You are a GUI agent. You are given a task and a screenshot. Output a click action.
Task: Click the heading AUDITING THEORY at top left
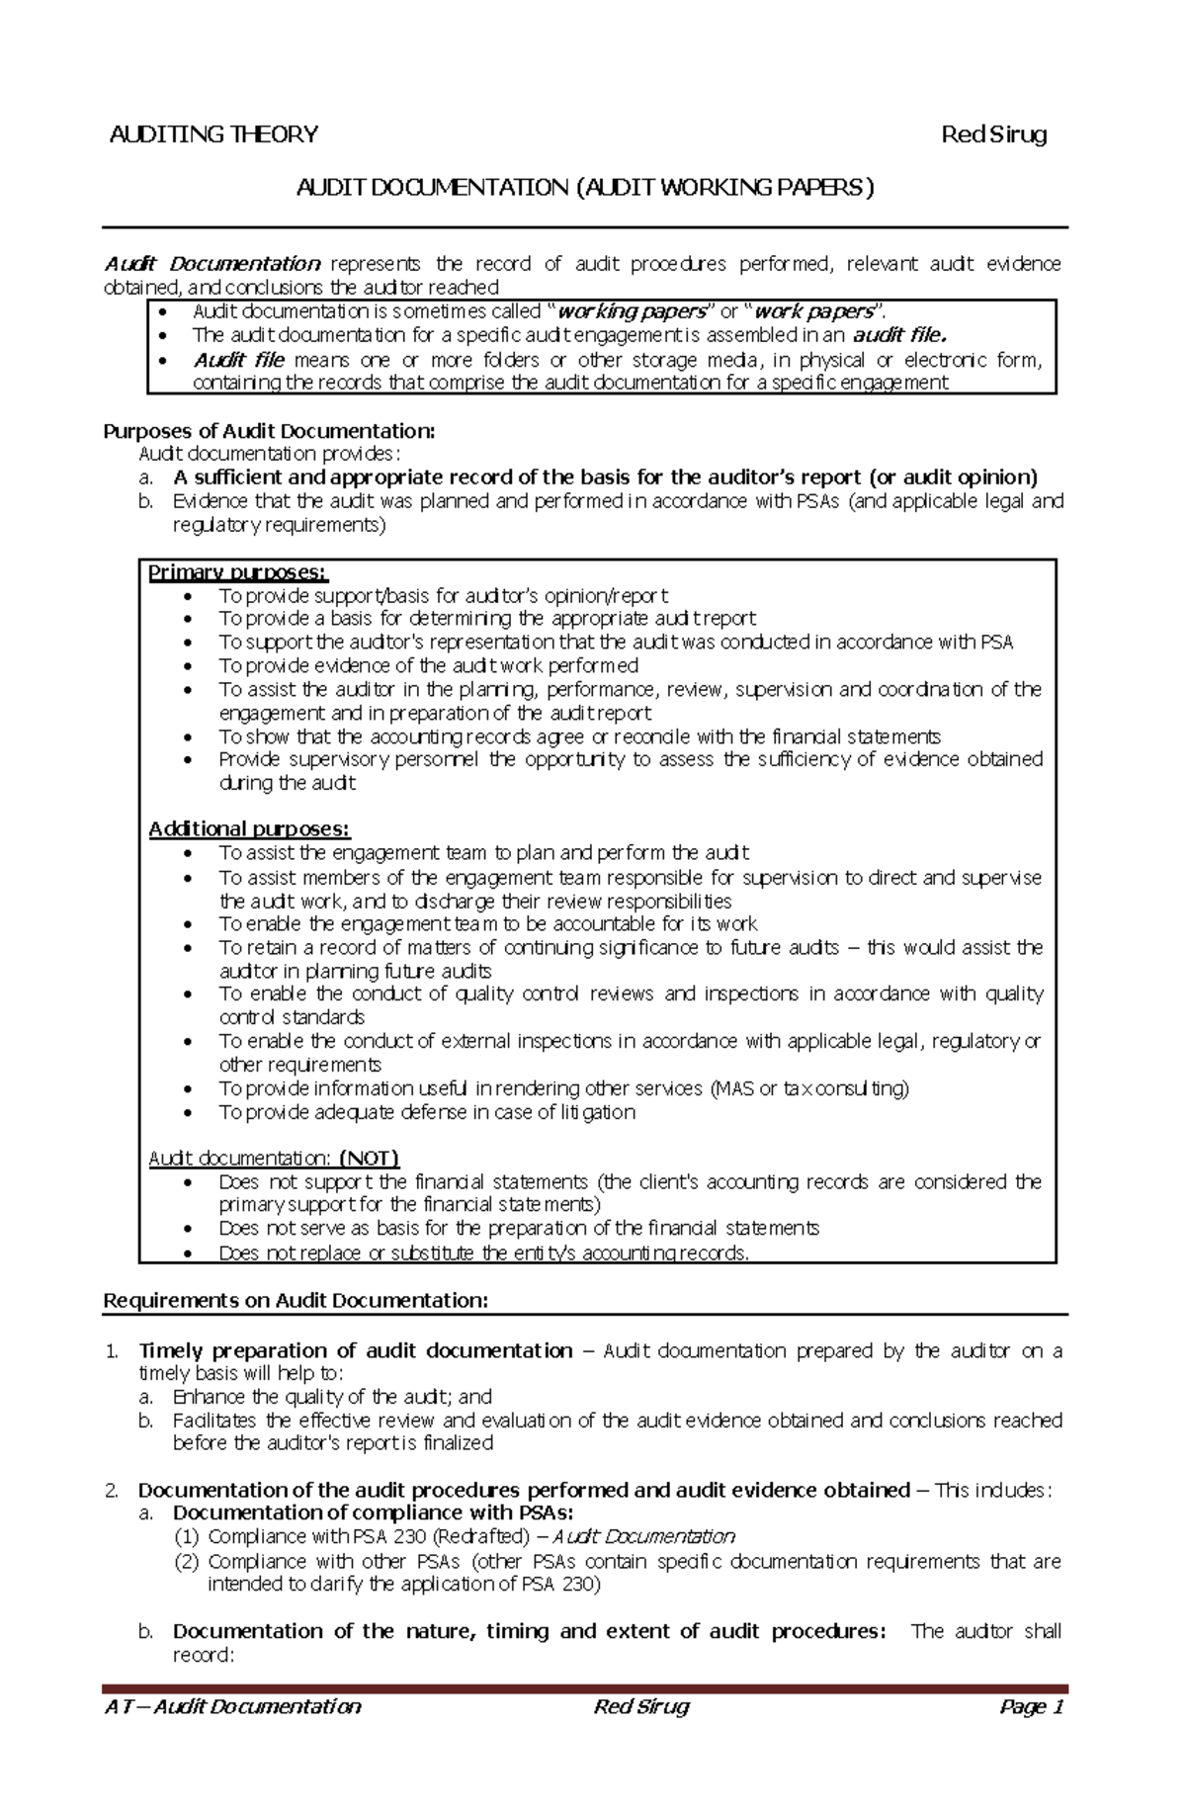213,134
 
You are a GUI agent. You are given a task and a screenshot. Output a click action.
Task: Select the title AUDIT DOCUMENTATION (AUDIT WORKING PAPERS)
585,187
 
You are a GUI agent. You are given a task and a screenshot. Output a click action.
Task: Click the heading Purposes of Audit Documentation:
269,431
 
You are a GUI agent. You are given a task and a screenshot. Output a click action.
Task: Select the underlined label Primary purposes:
237,572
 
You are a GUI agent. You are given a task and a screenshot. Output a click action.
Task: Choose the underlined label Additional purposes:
249,828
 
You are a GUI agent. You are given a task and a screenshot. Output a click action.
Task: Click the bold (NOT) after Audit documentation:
369,1158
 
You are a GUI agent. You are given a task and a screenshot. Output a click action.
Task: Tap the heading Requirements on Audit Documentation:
296,1300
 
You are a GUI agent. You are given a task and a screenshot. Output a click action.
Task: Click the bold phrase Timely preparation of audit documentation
355,1350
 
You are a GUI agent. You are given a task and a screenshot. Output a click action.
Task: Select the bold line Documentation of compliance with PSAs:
373,1512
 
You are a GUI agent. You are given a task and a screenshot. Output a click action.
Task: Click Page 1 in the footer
1030,1706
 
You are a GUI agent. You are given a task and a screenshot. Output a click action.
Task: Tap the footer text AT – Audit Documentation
233,1706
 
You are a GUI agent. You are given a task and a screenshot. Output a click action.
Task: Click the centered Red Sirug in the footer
640,1706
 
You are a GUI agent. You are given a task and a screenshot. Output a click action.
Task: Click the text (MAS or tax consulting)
808,1088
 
